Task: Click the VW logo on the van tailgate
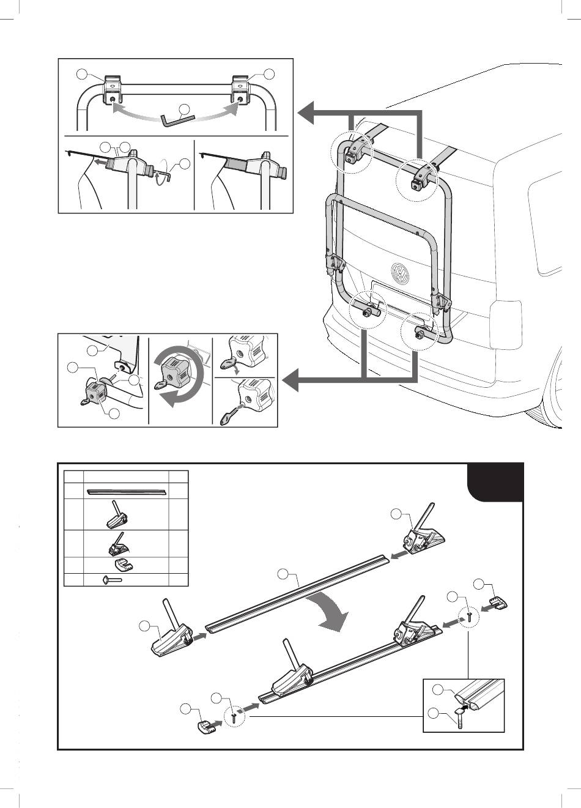[400, 273]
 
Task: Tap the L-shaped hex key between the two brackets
[177, 119]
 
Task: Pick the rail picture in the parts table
[127, 490]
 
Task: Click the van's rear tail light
[505, 324]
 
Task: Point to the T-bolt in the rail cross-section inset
[458, 716]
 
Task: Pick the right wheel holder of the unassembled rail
[423, 534]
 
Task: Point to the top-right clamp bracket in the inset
[241, 91]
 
